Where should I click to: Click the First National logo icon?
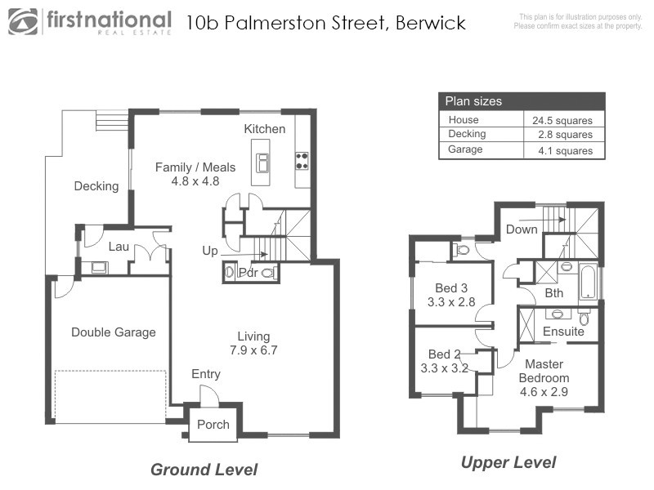[24, 21]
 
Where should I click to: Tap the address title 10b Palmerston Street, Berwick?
[325, 22]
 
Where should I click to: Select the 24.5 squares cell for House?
[562, 120]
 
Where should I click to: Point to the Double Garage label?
[113, 332]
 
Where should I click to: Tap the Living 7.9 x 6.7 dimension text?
[253, 351]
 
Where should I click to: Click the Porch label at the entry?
[214, 425]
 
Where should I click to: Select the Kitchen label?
[265, 129]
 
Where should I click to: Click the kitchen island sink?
[263, 162]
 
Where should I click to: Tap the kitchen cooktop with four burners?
[302, 160]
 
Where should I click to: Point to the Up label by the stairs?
[210, 251]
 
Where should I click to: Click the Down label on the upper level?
[522, 229]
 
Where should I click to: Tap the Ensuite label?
[564, 332]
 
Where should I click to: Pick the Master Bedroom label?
[544, 372]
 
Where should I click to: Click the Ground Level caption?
[204, 470]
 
